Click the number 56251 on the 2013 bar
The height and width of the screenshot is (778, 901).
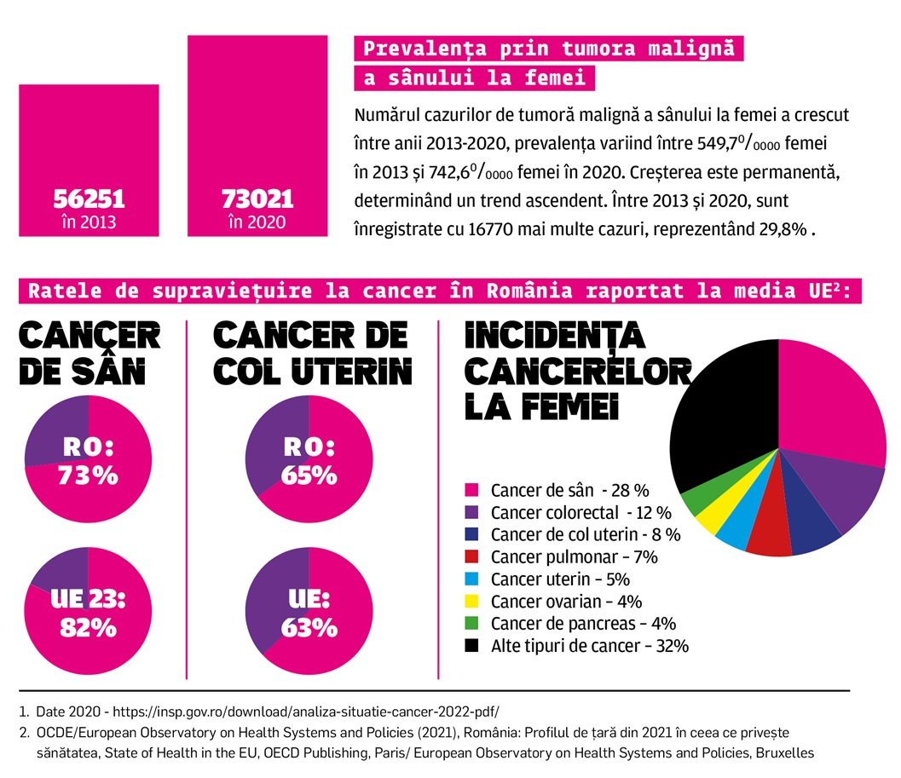pyautogui.click(x=89, y=199)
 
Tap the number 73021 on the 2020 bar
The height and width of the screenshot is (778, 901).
pyautogui.click(x=257, y=199)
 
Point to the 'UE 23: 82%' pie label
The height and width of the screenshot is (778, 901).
pyautogui.click(x=88, y=614)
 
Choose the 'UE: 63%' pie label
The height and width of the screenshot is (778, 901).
pyautogui.click(x=308, y=614)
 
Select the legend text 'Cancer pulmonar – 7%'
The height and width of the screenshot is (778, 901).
pyautogui.click(x=574, y=556)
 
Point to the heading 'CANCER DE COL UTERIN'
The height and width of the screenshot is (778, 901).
pyautogui.click(x=312, y=354)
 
